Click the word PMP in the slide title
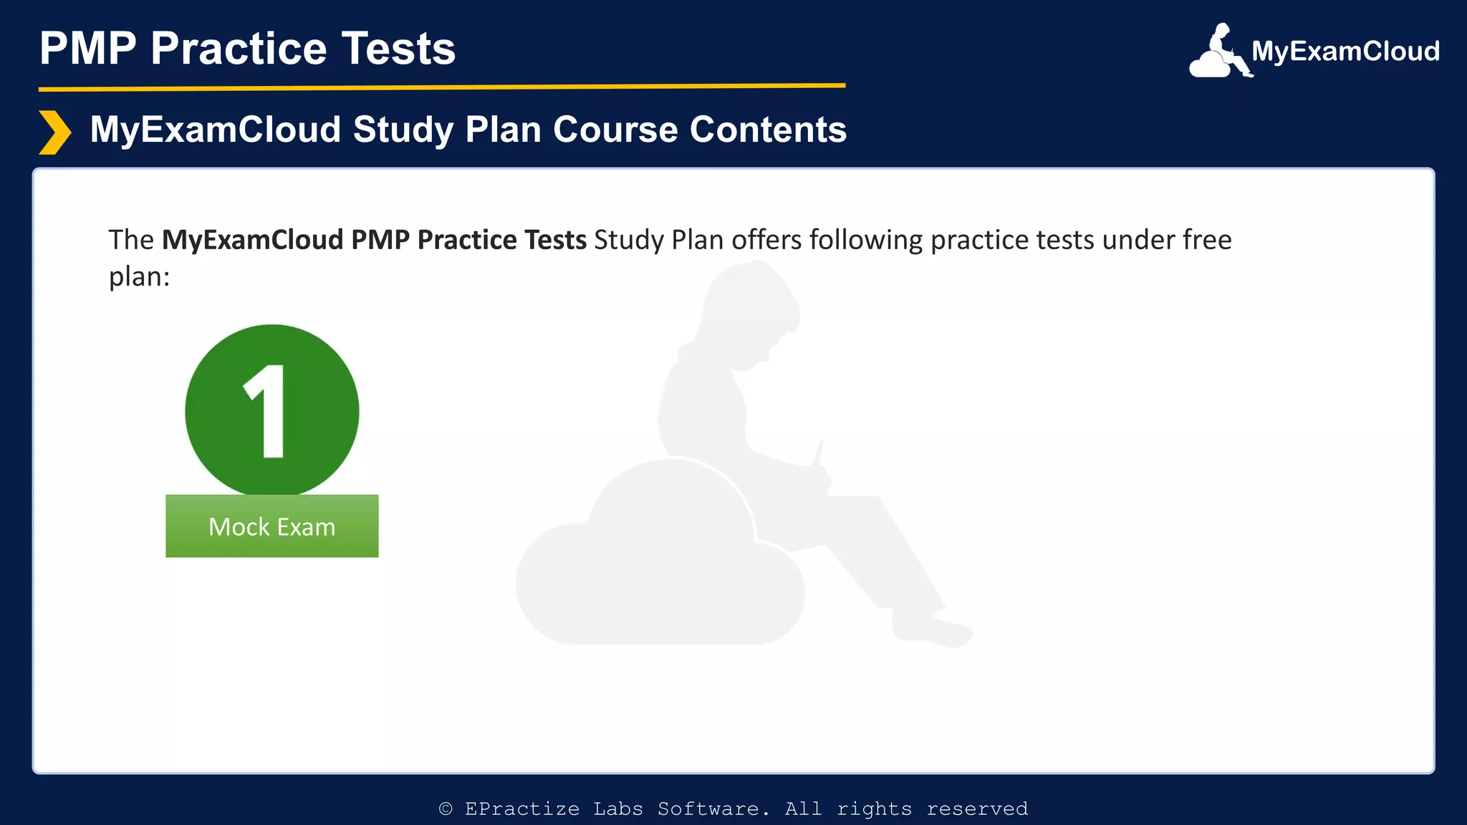click(x=87, y=49)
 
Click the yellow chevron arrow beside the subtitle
click(x=54, y=132)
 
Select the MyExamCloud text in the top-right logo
click(x=1345, y=52)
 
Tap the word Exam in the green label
click(x=306, y=527)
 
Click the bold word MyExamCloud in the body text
click(x=252, y=240)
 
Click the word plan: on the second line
click(x=139, y=276)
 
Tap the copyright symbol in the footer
click(x=446, y=809)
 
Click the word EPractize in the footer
click(x=521, y=809)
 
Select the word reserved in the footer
click(x=977, y=809)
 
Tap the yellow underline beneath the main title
click(x=442, y=87)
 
